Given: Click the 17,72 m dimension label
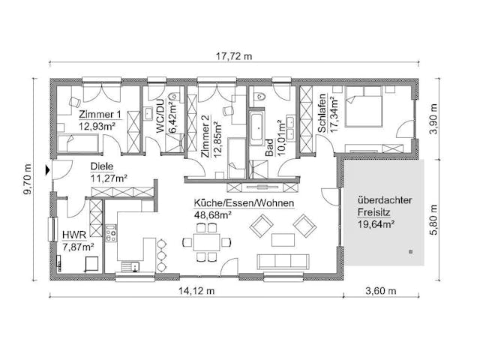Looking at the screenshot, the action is tap(234, 56).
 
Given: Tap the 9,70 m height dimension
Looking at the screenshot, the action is tap(28, 179).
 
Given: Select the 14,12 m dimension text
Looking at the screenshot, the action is tap(196, 291).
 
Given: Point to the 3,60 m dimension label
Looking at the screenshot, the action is tap(381, 291).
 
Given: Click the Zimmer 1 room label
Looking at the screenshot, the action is tap(100, 115).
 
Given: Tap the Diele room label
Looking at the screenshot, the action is tap(102, 166).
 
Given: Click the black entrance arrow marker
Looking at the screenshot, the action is tap(47, 170).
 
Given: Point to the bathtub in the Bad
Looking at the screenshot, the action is tap(257, 128).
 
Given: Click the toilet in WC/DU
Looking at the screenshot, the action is tap(174, 96).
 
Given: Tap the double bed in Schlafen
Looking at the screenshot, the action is tap(364, 106).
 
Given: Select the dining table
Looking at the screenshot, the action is tap(207, 242).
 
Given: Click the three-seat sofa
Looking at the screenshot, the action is tap(283, 262).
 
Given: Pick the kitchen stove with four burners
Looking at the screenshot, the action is tap(111, 233).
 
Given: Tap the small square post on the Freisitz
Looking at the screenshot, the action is tap(410, 252).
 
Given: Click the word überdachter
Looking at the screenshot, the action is tap(385, 200).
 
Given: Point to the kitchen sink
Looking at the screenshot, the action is tap(130, 266).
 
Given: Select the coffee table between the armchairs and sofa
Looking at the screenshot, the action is tap(283, 240).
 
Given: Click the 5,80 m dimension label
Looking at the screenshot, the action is tap(433, 220).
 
